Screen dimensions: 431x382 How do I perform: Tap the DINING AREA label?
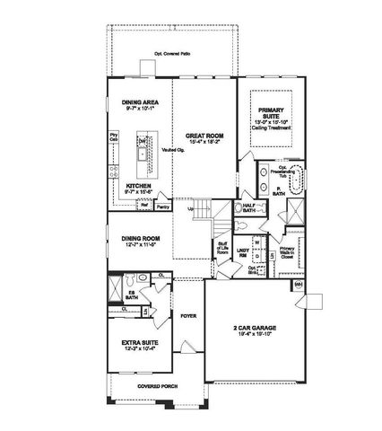coord(140,106)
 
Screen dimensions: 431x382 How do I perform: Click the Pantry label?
coord(163,207)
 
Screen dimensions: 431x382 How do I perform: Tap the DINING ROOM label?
coord(138,241)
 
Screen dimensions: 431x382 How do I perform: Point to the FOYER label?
coord(188,316)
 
